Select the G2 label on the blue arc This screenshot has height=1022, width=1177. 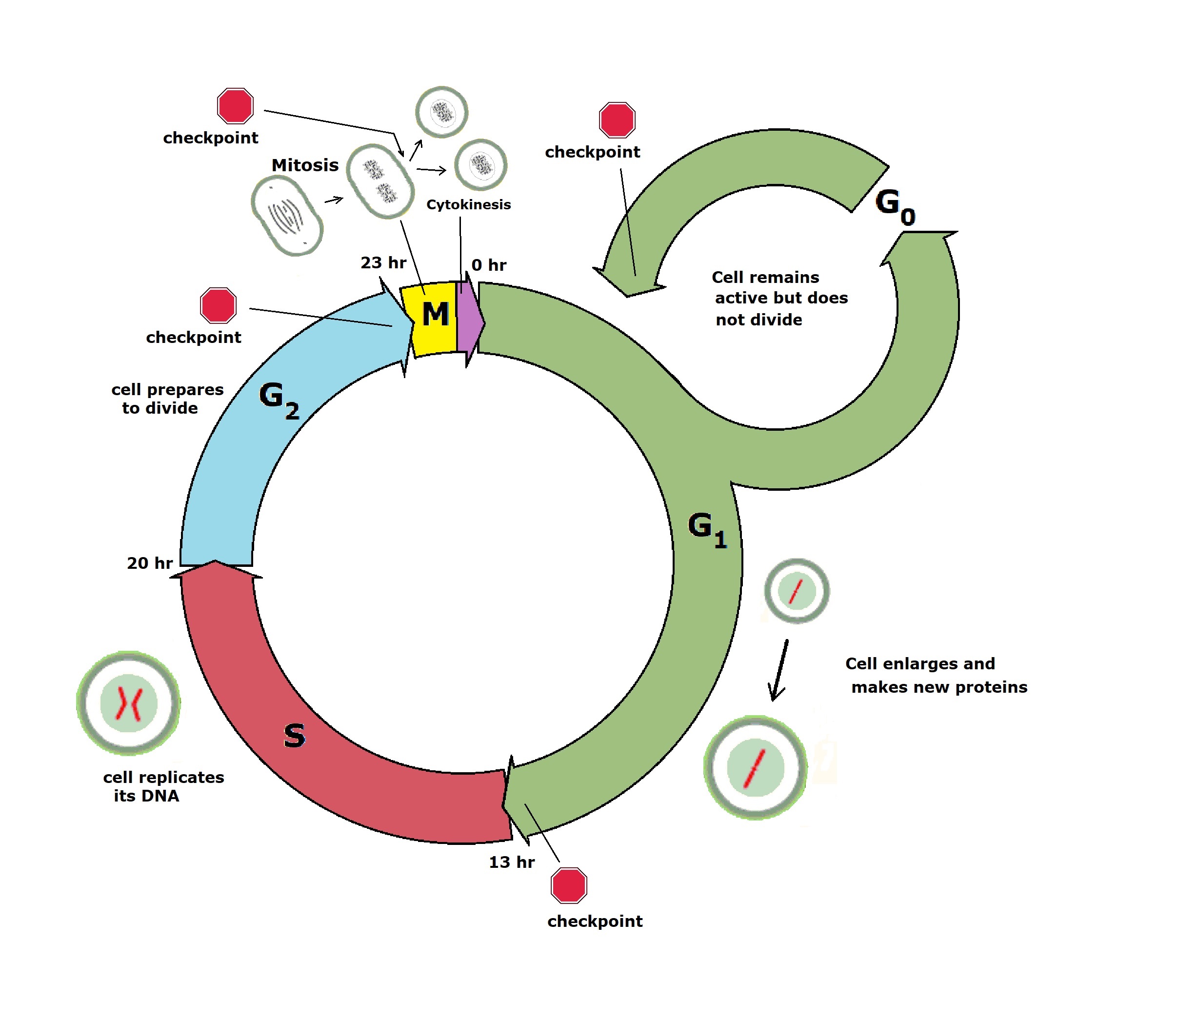(x=279, y=401)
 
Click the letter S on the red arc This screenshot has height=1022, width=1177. (x=294, y=736)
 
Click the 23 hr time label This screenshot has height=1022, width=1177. (x=383, y=263)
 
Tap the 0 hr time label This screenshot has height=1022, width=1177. (x=489, y=265)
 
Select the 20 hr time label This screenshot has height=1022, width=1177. (x=149, y=563)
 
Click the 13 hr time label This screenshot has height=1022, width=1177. (x=512, y=862)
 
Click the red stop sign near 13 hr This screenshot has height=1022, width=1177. (x=569, y=886)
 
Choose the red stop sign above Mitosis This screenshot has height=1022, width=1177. (x=235, y=105)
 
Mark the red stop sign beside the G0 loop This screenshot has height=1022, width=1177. (x=617, y=120)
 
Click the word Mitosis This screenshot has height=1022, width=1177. (x=305, y=165)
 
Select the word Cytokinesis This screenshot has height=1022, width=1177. (x=468, y=205)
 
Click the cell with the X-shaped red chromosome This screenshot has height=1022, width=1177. (x=129, y=702)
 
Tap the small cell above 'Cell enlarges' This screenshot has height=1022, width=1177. (x=796, y=591)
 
